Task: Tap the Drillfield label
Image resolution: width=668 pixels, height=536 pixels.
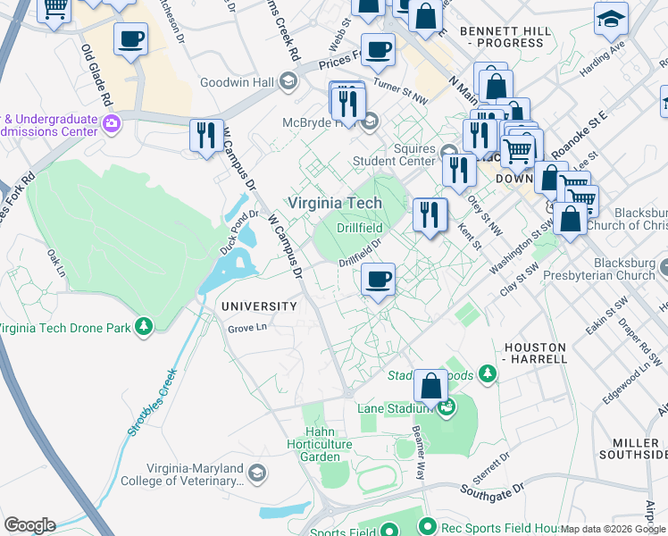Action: coord(361,229)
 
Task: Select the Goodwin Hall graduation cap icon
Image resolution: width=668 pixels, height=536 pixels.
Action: coord(288,81)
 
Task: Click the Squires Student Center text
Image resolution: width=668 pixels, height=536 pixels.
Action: coord(406,156)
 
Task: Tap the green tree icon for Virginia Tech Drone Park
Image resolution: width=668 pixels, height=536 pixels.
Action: coord(143,327)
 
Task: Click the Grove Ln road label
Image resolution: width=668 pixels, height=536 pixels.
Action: coord(247,328)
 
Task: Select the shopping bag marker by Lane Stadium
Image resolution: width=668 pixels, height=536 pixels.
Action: coord(430,387)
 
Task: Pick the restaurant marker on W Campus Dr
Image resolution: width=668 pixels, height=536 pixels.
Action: coord(206,136)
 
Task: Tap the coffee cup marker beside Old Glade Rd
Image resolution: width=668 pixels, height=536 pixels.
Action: coord(130,39)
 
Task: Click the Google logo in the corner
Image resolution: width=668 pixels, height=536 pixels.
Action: coord(29,525)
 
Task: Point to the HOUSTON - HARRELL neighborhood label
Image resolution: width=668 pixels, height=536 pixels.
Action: coord(535,352)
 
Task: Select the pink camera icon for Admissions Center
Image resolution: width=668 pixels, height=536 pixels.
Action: coord(112,122)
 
